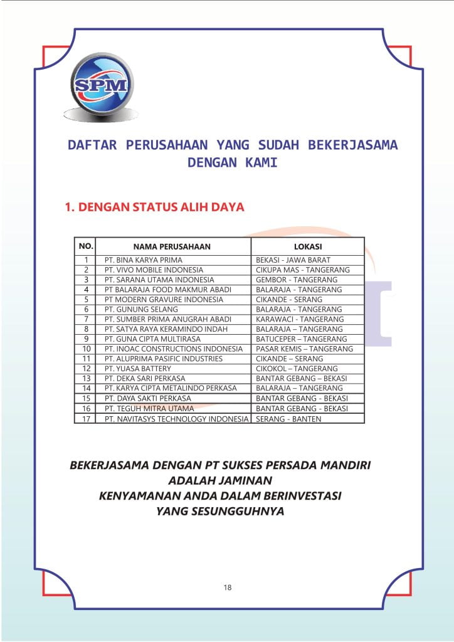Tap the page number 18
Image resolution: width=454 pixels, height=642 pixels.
[x=227, y=587]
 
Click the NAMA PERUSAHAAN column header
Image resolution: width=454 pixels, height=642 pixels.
[x=172, y=246]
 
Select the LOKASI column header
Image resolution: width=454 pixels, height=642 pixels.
[x=307, y=246]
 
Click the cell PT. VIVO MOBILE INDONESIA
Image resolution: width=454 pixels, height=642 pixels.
[x=154, y=270]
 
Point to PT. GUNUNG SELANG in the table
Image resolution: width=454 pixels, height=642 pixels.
[x=142, y=309]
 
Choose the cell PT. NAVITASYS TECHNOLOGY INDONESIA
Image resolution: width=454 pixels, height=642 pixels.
[x=176, y=419]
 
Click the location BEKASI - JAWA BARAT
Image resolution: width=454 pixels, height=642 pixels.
[x=293, y=260]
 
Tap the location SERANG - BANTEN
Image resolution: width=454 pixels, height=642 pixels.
[x=288, y=419]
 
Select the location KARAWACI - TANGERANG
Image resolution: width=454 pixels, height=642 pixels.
[x=300, y=319]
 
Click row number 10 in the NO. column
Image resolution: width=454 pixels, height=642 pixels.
[x=87, y=349]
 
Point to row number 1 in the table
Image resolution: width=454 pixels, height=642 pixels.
[x=87, y=260]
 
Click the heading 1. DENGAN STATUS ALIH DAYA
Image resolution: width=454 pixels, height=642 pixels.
[x=154, y=207]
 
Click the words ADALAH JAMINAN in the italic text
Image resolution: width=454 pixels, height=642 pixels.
[x=220, y=481]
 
